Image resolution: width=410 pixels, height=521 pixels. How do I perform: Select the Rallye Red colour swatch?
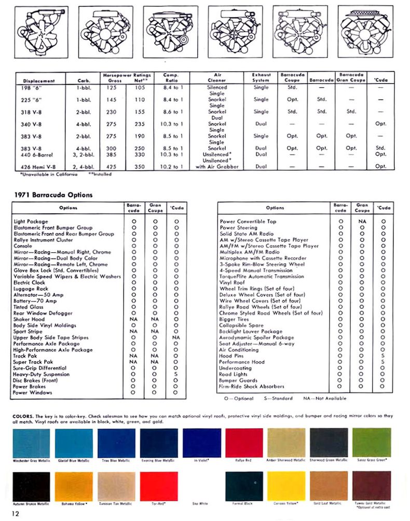pos(243,442)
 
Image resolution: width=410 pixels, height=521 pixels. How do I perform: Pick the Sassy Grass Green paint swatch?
pos(372,442)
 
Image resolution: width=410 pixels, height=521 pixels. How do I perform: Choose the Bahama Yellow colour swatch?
pos(74,486)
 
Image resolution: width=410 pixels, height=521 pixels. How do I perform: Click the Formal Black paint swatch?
pos(243,486)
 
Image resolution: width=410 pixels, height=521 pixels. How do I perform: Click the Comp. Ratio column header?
pos(171,77)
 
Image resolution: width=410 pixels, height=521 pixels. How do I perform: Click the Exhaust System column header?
pos(261,77)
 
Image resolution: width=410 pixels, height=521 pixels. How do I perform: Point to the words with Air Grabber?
pos(217,167)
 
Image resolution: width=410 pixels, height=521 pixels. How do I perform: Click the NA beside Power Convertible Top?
pos(362,222)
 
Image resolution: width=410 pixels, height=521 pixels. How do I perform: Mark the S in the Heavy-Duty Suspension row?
pos(176,374)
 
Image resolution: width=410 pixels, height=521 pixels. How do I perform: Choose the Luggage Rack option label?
pos(31,289)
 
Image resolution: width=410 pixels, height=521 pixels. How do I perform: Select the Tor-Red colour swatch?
pos(158,486)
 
